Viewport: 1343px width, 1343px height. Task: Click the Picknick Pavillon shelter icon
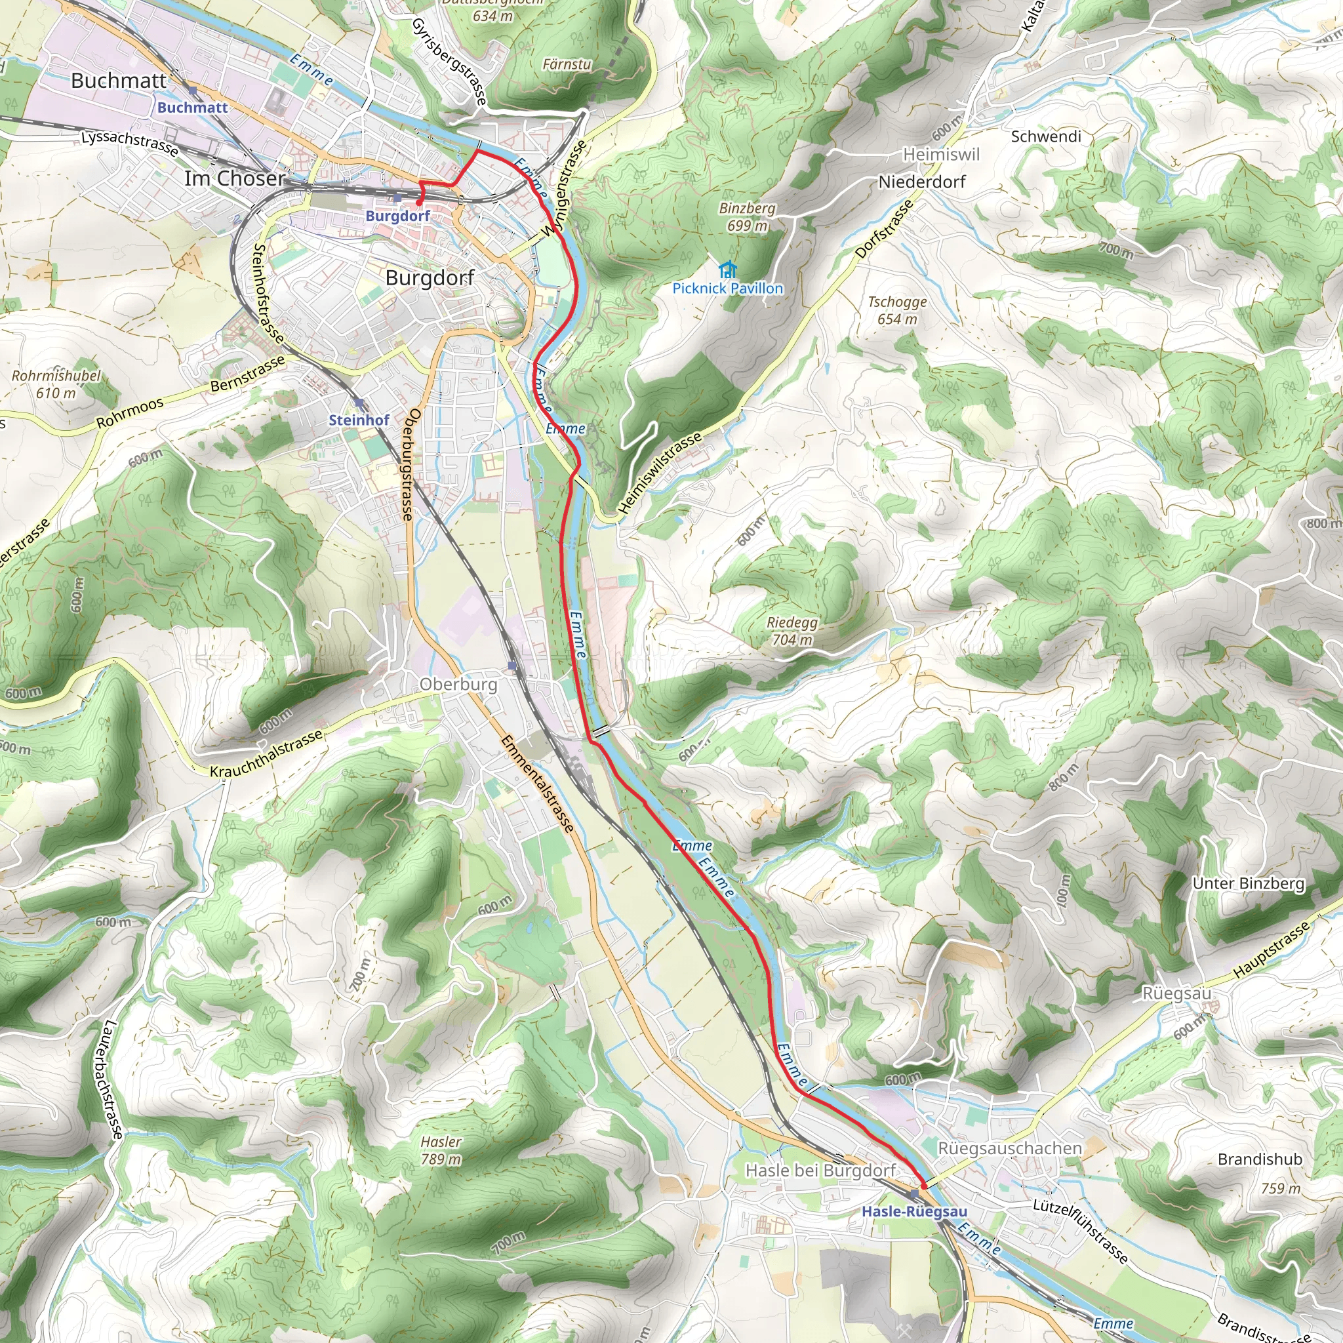coord(727,269)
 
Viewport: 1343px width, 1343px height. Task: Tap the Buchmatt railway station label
coord(193,108)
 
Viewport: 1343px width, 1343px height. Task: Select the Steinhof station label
coord(359,420)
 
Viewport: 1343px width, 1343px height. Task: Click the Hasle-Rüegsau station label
coord(914,1212)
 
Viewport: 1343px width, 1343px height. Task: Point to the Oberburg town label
coord(459,684)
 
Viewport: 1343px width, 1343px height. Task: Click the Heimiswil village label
coord(940,154)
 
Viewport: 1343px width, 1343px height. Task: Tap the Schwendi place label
coord(1045,136)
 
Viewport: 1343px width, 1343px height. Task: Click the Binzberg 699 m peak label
coord(748,217)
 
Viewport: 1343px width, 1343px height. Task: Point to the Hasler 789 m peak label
coord(441,1150)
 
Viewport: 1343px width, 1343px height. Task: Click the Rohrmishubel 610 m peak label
coord(56,384)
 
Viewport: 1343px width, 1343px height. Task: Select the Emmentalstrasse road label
coord(537,784)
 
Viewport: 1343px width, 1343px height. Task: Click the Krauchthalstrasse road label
coord(267,753)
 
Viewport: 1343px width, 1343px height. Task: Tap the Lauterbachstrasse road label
coord(112,1079)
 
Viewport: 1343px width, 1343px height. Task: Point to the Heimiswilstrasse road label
coord(660,473)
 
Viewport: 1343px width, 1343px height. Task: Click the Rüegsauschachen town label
coord(1009,1148)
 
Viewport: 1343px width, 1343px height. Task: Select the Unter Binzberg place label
coord(1249,883)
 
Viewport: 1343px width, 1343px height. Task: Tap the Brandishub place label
coord(1260,1159)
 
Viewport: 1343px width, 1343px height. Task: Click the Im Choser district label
coord(235,178)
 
